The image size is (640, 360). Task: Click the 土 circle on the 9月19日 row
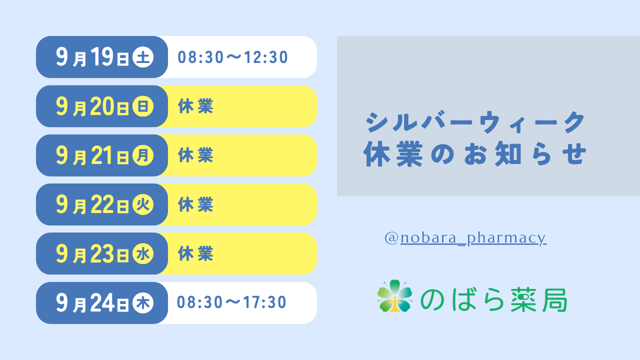tap(143, 57)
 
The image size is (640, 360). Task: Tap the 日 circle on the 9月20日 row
tap(143, 106)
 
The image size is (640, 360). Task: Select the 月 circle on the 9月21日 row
tap(143, 155)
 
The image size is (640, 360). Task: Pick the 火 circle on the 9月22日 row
tap(143, 204)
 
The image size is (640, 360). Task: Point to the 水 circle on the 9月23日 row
tap(143, 253)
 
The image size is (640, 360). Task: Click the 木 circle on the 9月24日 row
tap(143, 303)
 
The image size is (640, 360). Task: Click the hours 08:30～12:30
tap(232, 57)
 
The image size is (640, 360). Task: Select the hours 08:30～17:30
tap(231, 302)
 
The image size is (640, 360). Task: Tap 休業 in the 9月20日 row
tap(195, 106)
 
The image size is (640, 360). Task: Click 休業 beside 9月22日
tap(195, 204)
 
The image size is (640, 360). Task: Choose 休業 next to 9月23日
tap(195, 253)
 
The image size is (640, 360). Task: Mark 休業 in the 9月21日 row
tap(195, 155)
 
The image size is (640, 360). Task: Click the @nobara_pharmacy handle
tap(465, 238)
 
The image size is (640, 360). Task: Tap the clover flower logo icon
tap(395, 296)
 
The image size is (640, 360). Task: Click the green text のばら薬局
tap(493, 299)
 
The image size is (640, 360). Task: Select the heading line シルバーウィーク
tap(475, 122)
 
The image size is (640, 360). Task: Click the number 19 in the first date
tap(102, 56)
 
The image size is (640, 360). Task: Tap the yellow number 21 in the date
tap(102, 155)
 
